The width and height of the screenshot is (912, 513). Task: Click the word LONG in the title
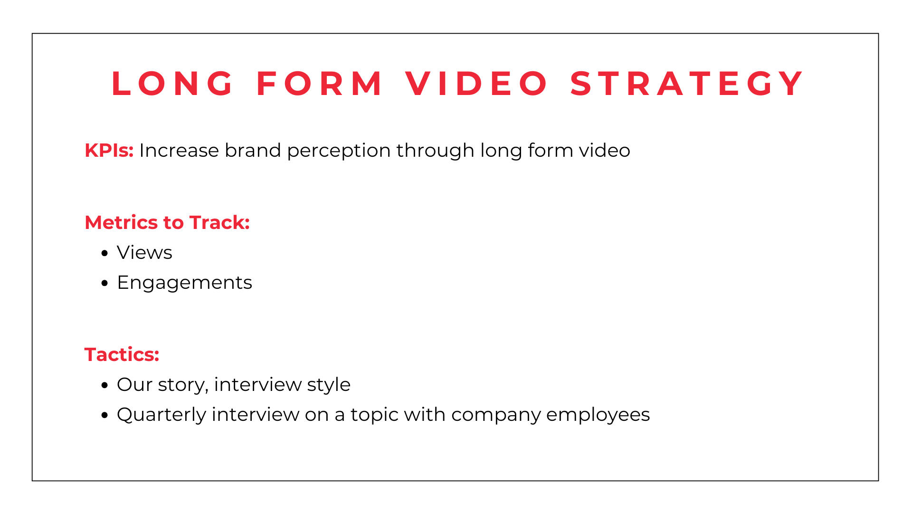click(x=172, y=84)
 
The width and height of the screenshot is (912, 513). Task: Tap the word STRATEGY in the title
click(x=686, y=84)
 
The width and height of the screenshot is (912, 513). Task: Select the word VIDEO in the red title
click(x=476, y=84)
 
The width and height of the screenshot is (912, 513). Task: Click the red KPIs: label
click(x=109, y=150)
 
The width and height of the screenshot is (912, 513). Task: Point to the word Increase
click(x=179, y=150)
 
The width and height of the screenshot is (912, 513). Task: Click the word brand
click(x=253, y=150)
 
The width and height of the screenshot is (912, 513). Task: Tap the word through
click(x=435, y=151)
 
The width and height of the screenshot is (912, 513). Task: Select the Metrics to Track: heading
click(x=167, y=222)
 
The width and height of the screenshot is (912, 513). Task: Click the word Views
click(x=144, y=252)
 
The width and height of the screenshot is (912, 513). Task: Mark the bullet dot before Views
click(x=105, y=253)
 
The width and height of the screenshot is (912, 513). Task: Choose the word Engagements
click(x=184, y=283)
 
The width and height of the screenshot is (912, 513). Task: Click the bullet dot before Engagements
click(x=105, y=283)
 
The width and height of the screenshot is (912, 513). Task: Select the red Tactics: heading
click(x=122, y=354)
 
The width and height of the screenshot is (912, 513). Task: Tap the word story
click(x=183, y=385)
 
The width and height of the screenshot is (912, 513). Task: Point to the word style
click(x=329, y=385)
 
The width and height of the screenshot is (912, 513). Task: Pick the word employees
click(x=598, y=415)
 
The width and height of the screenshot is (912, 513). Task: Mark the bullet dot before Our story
click(x=105, y=385)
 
